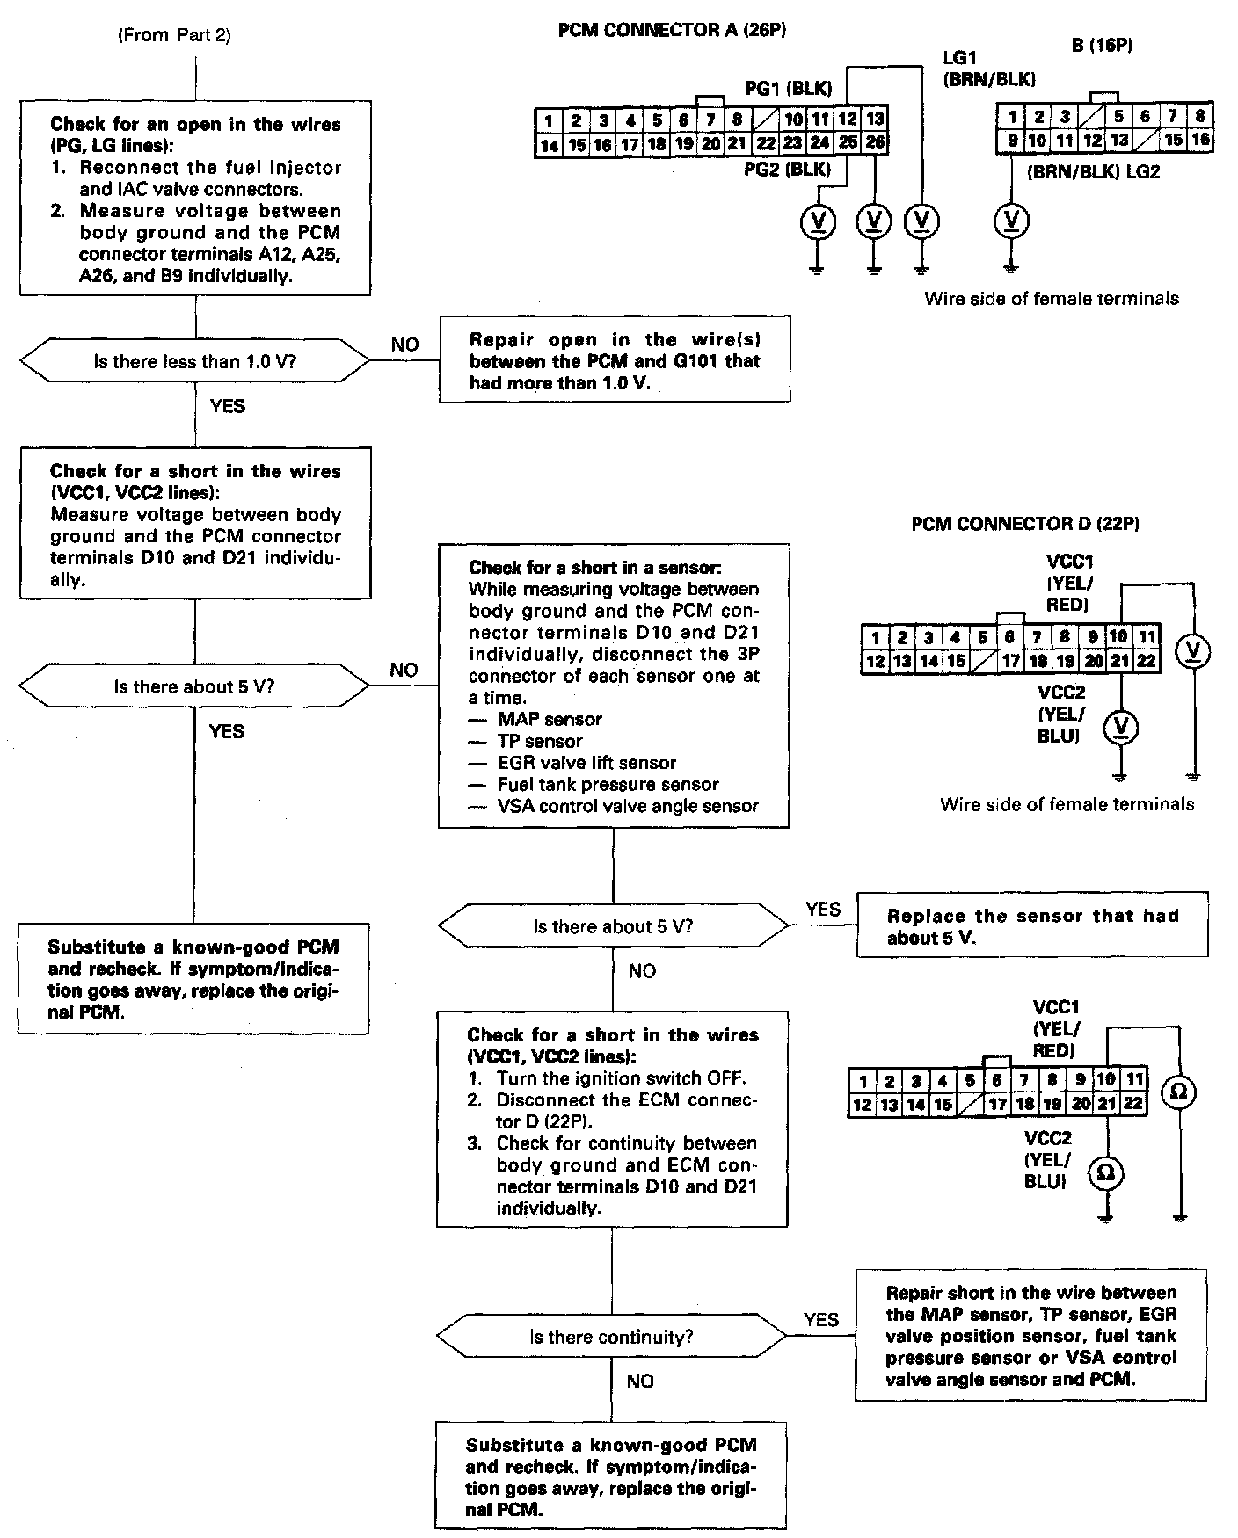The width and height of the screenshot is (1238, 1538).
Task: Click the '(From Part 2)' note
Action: pyautogui.click(x=173, y=36)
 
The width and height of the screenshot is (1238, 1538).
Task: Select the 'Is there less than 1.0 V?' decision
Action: pyautogui.click(x=194, y=361)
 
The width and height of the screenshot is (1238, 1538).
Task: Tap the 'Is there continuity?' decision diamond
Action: pyautogui.click(x=611, y=1337)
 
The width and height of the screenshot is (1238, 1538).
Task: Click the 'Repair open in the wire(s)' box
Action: pyautogui.click(x=615, y=361)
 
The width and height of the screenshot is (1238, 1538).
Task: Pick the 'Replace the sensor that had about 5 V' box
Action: pyautogui.click(x=1031, y=926)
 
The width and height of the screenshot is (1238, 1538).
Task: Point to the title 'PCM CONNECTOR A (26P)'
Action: pyautogui.click(x=672, y=31)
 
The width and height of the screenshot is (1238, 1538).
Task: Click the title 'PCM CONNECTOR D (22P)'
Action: pyautogui.click(x=1025, y=525)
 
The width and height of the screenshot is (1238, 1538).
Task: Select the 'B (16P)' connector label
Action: pyautogui.click(x=1102, y=46)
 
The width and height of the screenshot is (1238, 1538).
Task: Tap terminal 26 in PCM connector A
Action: pyautogui.click(x=875, y=142)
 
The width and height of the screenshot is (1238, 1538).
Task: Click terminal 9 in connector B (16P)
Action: pyautogui.click(x=1012, y=140)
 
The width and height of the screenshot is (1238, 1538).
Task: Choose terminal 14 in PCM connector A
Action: pyautogui.click(x=548, y=145)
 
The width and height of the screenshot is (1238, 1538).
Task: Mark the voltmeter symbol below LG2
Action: pyautogui.click(x=1011, y=220)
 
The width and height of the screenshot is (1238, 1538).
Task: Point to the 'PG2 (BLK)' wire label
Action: pyautogui.click(x=787, y=169)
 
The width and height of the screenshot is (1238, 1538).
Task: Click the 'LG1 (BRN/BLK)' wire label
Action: pyautogui.click(x=989, y=69)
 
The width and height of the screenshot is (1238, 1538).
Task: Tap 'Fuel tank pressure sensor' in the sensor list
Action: pyautogui.click(x=608, y=784)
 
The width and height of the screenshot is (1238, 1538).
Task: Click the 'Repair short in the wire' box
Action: pyautogui.click(x=1030, y=1336)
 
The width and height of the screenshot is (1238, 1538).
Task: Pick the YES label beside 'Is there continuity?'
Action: pyautogui.click(x=821, y=1320)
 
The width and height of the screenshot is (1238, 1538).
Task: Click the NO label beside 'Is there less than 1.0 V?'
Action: pyautogui.click(x=404, y=345)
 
